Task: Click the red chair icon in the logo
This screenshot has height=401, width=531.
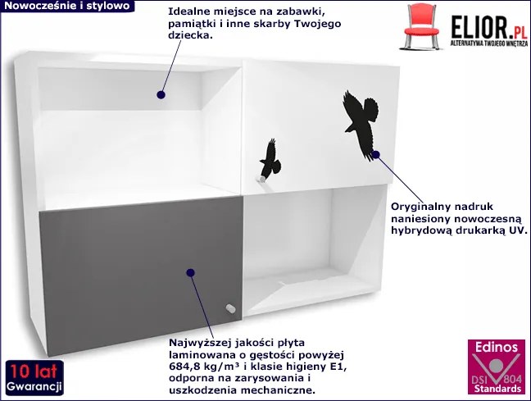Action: point(420,27)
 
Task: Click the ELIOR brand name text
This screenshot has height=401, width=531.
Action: point(480,27)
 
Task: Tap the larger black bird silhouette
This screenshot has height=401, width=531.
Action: point(361,124)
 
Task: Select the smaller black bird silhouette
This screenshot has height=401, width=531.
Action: point(270,159)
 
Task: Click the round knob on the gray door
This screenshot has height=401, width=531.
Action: point(230,309)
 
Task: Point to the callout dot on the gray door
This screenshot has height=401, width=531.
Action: point(190,272)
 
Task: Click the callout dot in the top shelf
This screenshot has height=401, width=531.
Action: point(161,94)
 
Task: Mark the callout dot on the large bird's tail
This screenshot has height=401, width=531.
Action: point(375,155)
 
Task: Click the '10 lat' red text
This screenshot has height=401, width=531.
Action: point(33,371)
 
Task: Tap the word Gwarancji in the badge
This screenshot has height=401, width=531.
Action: point(34,386)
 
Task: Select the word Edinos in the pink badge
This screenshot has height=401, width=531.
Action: point(496,347)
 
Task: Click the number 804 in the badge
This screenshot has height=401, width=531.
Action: point(512,379)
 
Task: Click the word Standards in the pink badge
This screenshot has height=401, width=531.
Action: point(497,389)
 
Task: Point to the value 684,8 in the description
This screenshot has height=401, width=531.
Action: point(184,367)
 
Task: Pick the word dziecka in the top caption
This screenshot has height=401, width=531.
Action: point(191,35)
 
